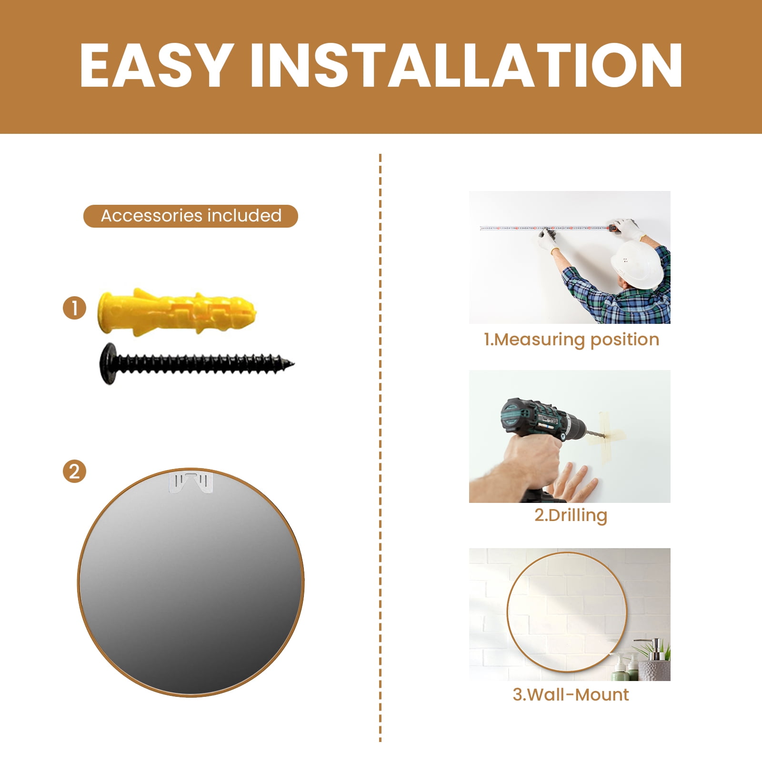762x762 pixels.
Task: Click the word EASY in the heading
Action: tap(156, 66)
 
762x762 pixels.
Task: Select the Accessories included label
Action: tap(190, 216)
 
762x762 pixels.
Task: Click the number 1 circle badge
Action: tap(75, 308)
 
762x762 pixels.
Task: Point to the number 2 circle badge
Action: tap(75, 471)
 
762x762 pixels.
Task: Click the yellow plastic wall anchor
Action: tap(177, 312)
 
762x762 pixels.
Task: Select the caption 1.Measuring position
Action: tap(571, 340)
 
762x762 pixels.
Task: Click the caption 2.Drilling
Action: tap(571, 515)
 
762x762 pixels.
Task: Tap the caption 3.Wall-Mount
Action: tap(571, 694)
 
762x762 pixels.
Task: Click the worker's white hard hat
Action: tap(637, 264)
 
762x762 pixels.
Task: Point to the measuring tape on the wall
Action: tap(545, 228)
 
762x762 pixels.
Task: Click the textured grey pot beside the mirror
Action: tap(654, 670)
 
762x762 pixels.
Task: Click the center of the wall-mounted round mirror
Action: tap(566, 612)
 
